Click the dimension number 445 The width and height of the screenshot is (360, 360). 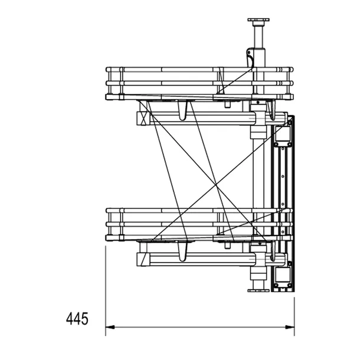[x=77, y=319]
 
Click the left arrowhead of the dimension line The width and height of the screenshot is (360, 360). [x=110, y=327]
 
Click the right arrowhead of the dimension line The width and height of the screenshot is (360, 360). [x=290, y=327]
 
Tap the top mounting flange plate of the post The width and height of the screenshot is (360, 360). [x=258, y=19]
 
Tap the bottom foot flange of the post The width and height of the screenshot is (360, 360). [x=258, y=290]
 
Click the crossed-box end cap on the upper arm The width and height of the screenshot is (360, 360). [x=143, y=118]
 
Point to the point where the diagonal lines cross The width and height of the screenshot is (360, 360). [x=216, y=184]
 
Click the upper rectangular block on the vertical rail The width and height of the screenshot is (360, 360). [x=283, y=134]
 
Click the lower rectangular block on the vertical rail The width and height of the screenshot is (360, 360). [x=283, y=274]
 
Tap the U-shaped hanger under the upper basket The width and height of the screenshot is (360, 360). [x=182, y=110]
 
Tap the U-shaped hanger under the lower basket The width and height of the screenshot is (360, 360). [x=182, y=251]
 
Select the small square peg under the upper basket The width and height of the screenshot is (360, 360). [x=228, y=104]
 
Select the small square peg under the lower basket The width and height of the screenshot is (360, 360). [x=228, y=245]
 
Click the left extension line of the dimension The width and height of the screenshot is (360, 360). [x=106, y=291]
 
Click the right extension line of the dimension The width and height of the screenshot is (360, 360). [x=294, y=316]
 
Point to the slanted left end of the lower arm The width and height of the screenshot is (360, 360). [x=143, y=260]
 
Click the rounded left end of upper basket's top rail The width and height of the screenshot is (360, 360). [x=107, y=69]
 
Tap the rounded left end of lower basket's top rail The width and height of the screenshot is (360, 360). [x=107, y=211]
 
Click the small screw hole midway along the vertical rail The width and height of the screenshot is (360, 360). [x=283, y=176]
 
